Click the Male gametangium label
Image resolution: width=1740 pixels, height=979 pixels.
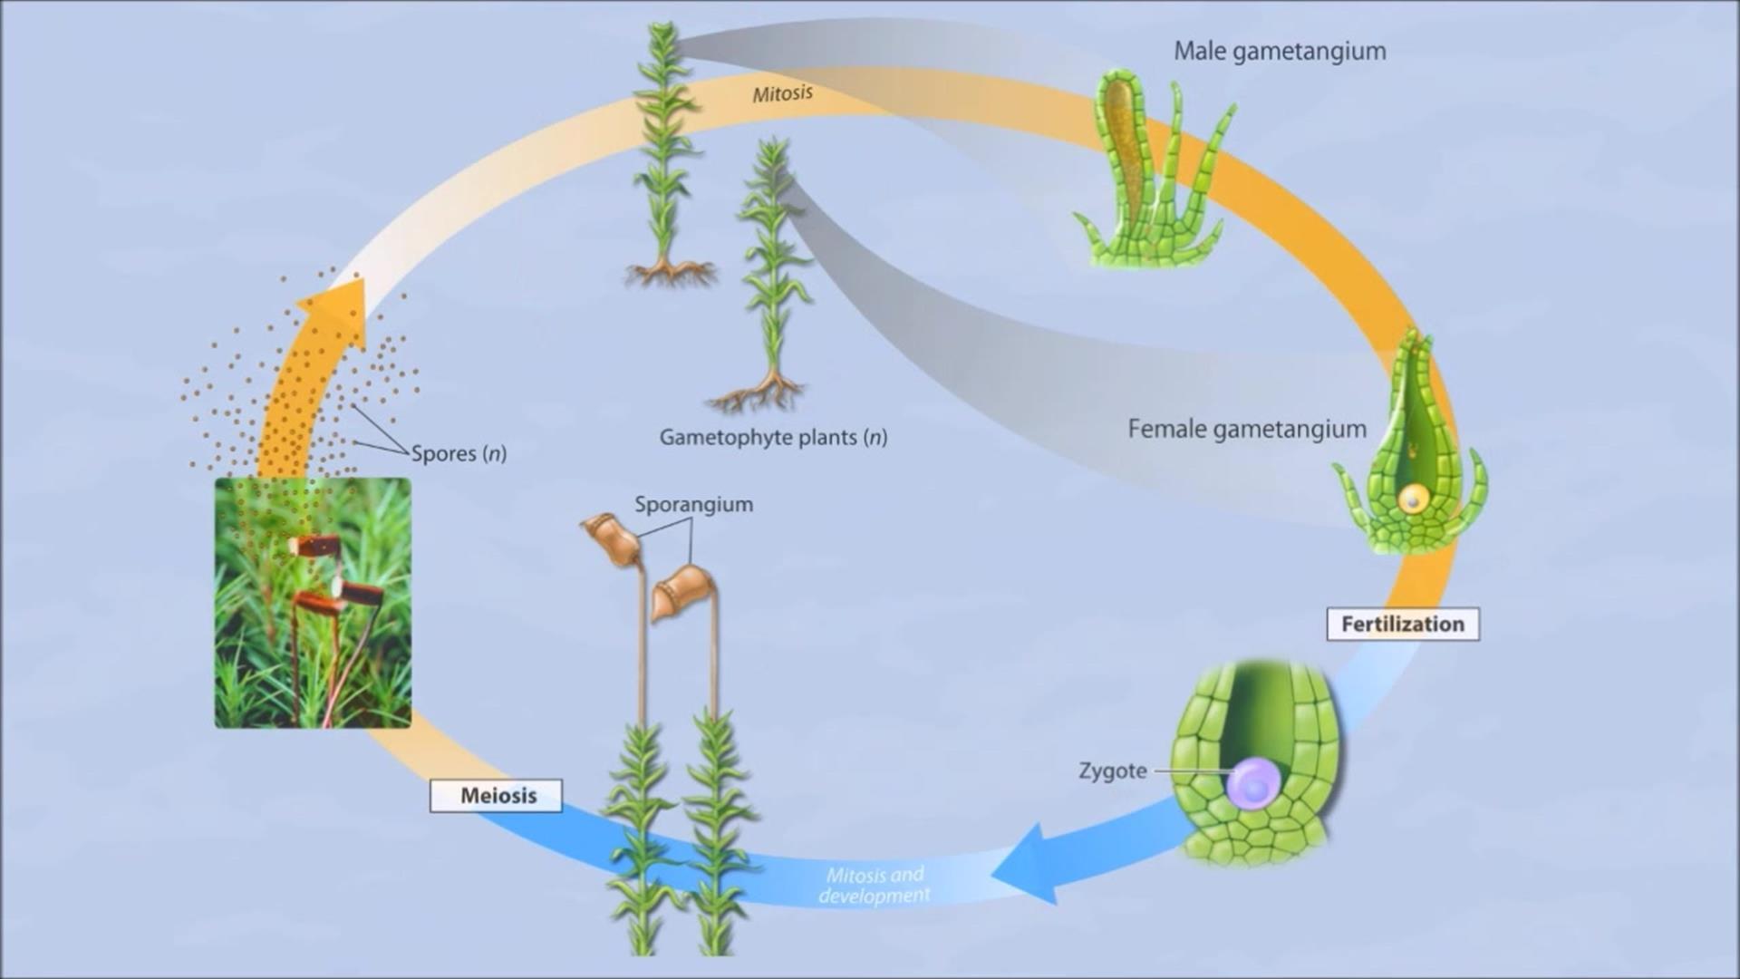pyautogui.click(x=1280, y=52)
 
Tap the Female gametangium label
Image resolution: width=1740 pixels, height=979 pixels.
pyautogui.click(x=1247, y=430)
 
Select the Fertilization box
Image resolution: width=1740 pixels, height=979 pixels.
pyautogui.click(x=1402, y=625)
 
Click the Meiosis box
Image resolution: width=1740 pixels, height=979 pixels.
pyautogui.click(x=497, y=796)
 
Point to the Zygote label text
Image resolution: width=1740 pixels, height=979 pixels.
pyautogui.click(x=1113, y=771)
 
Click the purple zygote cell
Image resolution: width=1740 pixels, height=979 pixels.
pyautogui.click(x=1254, y=782)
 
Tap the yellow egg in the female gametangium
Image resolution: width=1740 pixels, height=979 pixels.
pyautogui.click(x=1412, y=498)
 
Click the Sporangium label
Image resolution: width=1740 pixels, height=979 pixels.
pyautogui.click(x=693, y=505)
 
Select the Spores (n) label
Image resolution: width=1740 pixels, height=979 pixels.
pyautogui.click(x=459, y=453)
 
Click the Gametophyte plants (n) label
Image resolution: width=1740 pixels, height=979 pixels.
pyautogui.click(x=773, y=438)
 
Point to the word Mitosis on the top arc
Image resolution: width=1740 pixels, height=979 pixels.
pyautogui.click(x=782, y=93)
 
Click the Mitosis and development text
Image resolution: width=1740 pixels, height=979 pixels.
pyautogui.click(x=875, y=886)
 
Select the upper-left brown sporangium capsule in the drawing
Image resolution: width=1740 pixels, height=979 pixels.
pyautogui.click(x=611, y=540)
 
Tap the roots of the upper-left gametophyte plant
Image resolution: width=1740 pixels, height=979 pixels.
pyautogui.click(x=670, y=271)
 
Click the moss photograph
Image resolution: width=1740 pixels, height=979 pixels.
pyautogui.click(x=313, y=603)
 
